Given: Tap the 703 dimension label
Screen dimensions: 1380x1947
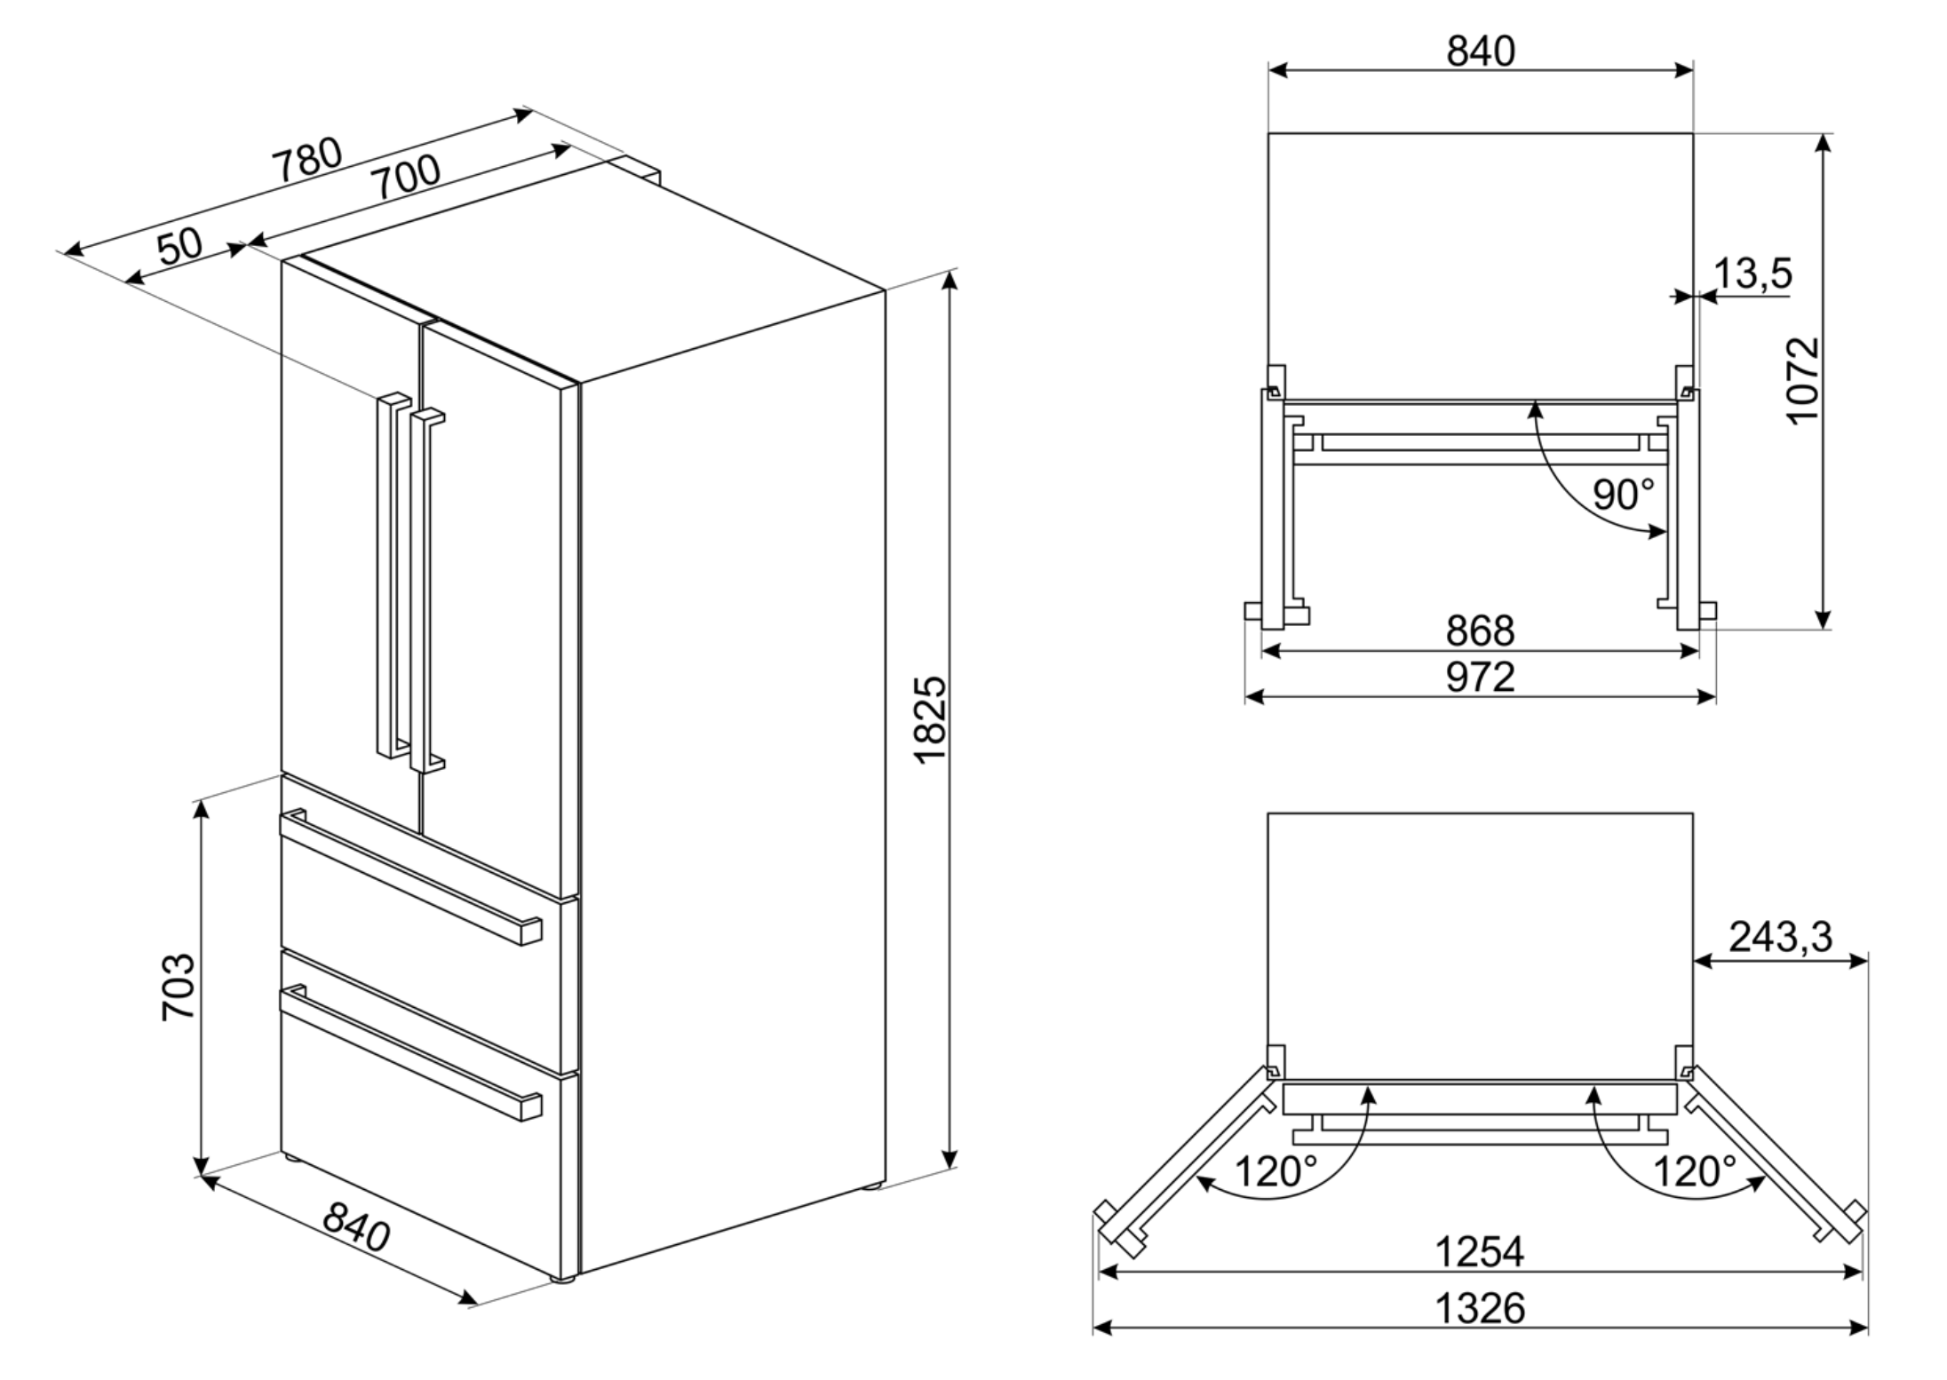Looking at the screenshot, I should click(x=179, y=987).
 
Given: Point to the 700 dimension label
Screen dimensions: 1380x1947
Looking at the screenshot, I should click(x=405, y=178).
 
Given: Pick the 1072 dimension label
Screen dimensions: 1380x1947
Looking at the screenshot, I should click(x=1803, y=381).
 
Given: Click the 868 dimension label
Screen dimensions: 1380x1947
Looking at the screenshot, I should click(x=1480, y=631).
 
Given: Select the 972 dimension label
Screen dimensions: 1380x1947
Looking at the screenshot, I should click(x=1480, y=677).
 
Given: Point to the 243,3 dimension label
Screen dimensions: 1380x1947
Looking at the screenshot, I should click(x=1780, y=936).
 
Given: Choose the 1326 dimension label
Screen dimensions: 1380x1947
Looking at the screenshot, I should click(x=1480, y=1307).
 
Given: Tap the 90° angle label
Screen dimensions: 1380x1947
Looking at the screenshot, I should click(x=1623, y=495).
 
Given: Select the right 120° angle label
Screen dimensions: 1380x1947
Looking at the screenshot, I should click(x=1694, y=1171).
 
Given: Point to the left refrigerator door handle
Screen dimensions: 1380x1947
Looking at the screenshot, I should click(x=387, y=577).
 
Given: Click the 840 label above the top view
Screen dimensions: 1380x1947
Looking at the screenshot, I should click(x=1481, y=52).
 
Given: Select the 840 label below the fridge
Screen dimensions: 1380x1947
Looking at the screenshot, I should click(x=356, y=1226).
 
